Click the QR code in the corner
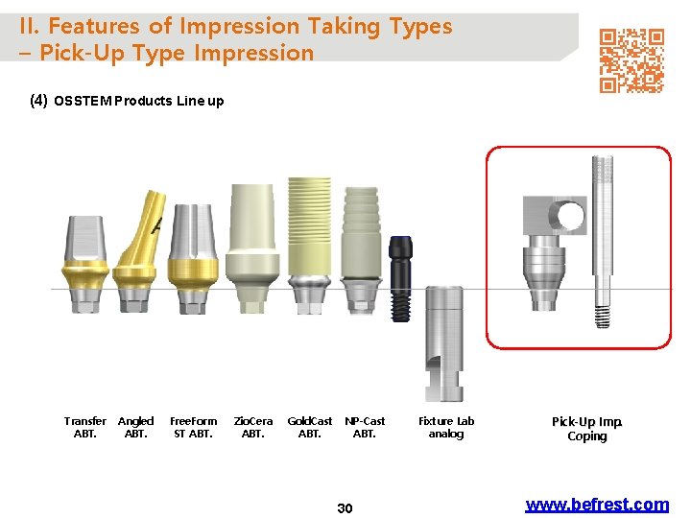point(631,60)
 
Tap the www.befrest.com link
point(597,505)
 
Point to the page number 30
point(345,508)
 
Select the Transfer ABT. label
point(85,427)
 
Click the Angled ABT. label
point(136,427)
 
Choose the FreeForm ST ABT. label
point(194,427)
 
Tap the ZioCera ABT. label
point(253,427)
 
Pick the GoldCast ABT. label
point(310,427)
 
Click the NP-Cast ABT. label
point(365,427)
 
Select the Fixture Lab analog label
point(446,427)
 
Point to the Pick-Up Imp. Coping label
point(587,429)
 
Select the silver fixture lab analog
point(443,341)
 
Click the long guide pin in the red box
point(602,240)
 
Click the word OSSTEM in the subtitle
point(83,101)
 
